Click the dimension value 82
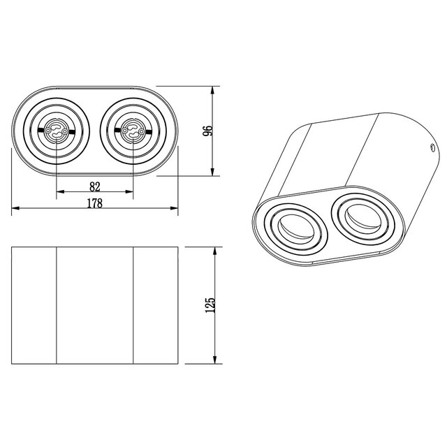click(95, 186)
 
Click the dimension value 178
click(95, 203)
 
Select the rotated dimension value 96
click(207, 131)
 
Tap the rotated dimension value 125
click(207, 305)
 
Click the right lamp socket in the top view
click(133, 131)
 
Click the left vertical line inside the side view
click(57, 305)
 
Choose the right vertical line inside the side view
click(133, 305)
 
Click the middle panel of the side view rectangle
click(95, 305)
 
